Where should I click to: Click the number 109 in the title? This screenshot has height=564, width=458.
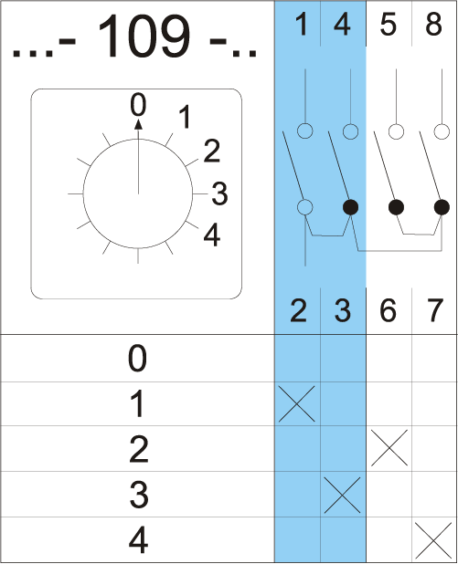tap(144, 36)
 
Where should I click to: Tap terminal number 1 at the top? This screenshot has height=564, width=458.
tap(302, 25)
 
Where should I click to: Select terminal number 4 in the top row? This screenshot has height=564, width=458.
tap(342, 25)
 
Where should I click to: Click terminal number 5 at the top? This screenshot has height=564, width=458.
tap(389, 25)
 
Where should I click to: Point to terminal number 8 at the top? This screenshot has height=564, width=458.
tap(434, 25)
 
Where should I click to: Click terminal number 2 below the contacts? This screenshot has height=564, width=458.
tap(298, 310)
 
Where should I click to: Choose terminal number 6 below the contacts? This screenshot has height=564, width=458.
tap(389, 310)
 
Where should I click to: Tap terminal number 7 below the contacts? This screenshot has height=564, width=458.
tap(434, 310)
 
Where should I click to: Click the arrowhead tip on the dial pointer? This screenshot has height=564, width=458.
tap(138, 120)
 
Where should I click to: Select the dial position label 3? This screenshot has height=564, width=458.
tap(219, 193)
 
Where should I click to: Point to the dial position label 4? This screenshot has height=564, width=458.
tap(212, 235)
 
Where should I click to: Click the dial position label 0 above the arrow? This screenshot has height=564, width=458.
tap(138, 104)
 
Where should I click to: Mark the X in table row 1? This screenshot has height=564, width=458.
tap(297, 403)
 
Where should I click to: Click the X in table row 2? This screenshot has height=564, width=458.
tap(389, 448)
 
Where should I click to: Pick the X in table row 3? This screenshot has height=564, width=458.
tap(342, 495)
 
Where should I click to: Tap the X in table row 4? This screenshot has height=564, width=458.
tap(433, 540)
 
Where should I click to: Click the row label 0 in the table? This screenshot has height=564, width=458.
tap(137, 359)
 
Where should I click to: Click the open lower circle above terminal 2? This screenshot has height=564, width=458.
tap(304, 207)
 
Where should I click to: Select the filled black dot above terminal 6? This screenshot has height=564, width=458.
tap(396, 207)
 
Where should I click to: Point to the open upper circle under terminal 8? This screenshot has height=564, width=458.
tap(442, 131)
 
